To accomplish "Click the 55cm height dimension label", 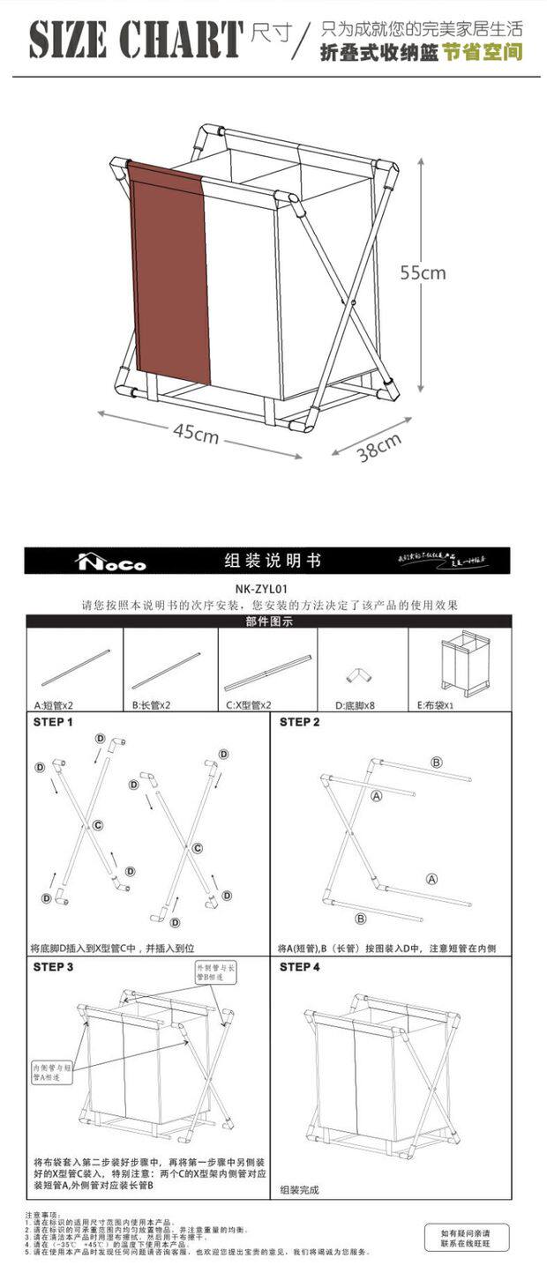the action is pyautogui.click(x=423, y=272).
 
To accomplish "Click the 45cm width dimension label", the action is pyautogui.click(x=196, y=433).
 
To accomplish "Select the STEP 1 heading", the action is pyautogui.click(x=53, y=722).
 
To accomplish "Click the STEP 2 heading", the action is pyautogui.click(x=299, y=722).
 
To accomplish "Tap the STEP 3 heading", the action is pyautogui.click(x=53, y=967).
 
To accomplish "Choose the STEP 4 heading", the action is pyautogui.click(x=299, y=967).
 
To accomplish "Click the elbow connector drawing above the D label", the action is pyautogui.click(x=358, y=675).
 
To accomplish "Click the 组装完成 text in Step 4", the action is pyautogui.click(x=299, y=1190).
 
